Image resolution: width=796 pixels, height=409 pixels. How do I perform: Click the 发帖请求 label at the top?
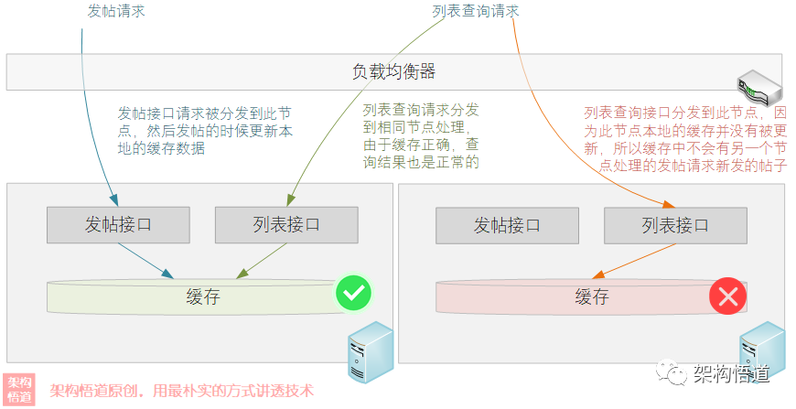pyautogui.click(x=116, y=12)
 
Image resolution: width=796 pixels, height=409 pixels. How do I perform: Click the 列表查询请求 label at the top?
pyautogui.click(x=475, y=12)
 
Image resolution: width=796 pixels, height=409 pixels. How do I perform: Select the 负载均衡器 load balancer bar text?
pyautogui.click(x=393, y=71)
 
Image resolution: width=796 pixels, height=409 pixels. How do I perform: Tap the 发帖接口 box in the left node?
pyautogui.click(x=118, y=225)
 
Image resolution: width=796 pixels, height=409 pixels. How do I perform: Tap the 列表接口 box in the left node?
pyautogui.click(x=286, y=225)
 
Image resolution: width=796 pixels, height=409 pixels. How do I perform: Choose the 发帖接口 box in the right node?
pyautogui.click(x=507, y=225)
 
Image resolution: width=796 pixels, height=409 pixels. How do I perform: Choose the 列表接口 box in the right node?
pyautogui.click(x=675, y=225)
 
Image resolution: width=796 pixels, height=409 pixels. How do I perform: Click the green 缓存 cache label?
pyautogui.click(x=203, y=296)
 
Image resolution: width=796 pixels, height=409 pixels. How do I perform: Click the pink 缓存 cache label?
pyautogui.click(x=592, y=296)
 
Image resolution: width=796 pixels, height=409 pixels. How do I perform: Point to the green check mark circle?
pyautogui.click(x=353, y=294)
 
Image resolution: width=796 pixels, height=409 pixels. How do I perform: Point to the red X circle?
pyautogui.click(x=728, y=296)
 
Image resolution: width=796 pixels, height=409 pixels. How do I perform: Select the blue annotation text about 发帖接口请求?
pyautogui.click(x=205, y=131)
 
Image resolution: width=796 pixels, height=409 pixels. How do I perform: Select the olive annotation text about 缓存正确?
pyautogui.click(x=422, y=135)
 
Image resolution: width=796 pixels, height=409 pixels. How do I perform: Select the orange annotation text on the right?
pyautogui.click(x=685, y=138)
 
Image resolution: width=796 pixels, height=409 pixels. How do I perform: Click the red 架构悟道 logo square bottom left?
pyautogui.click(x=20, y=389)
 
